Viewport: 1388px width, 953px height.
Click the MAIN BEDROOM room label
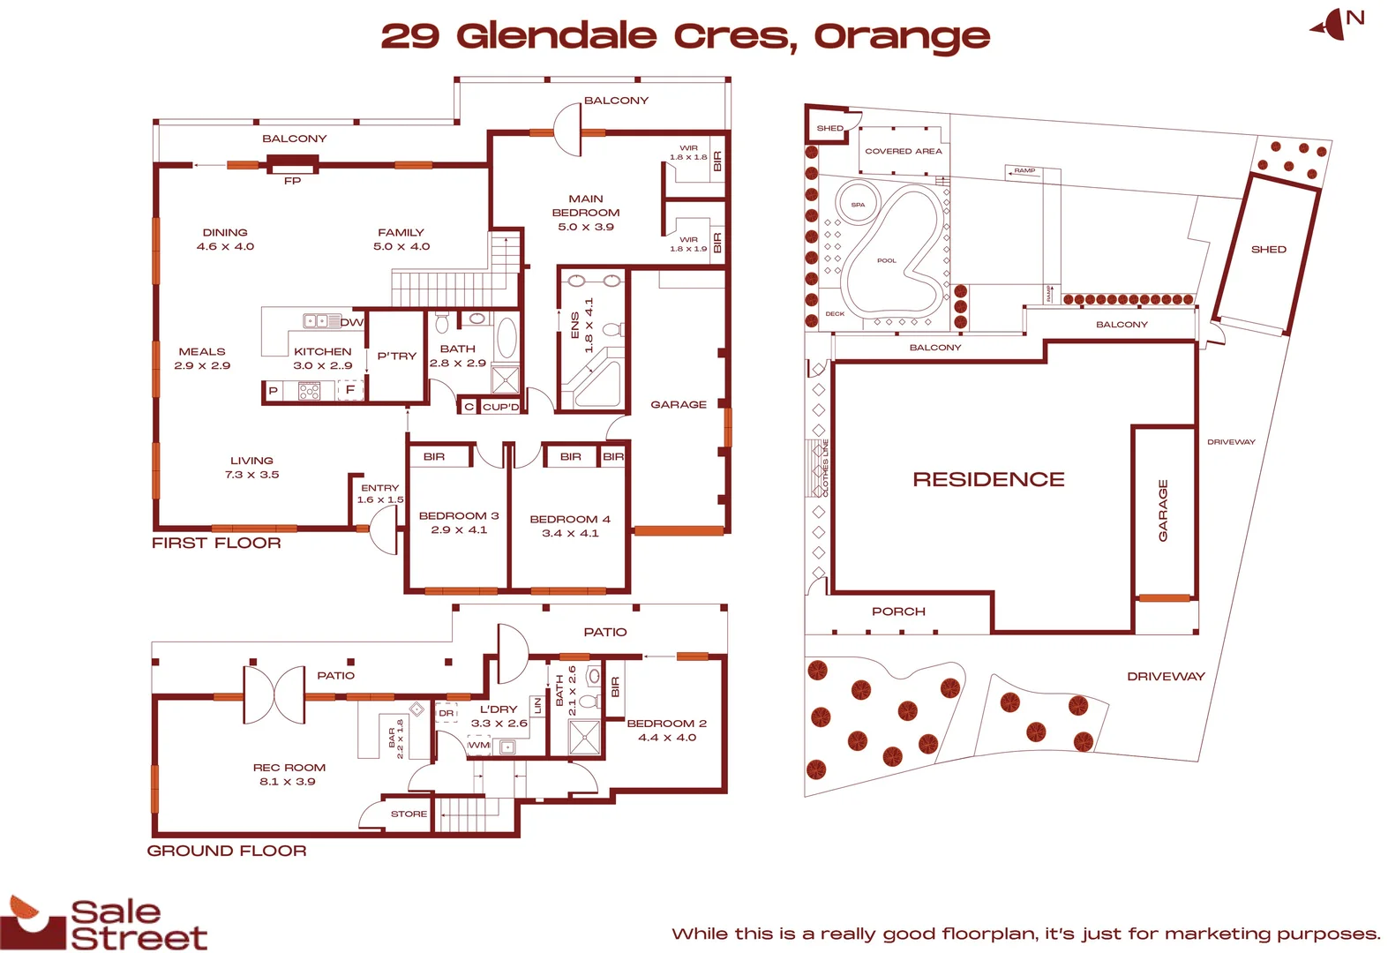tap(585, 206)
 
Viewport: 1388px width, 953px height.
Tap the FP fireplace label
tap(292, 181)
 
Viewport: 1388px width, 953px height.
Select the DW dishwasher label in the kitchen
tap(351, 322)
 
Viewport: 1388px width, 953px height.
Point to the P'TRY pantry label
tap(396, 356)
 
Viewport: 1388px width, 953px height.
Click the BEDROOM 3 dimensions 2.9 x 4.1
tap(459, 530)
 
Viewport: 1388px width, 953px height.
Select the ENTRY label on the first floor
tap(379, 488)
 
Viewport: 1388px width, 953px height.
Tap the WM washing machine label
tap(478, 746)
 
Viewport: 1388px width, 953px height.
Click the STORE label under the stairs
tap(409, 814)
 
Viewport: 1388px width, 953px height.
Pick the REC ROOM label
tap(289, 768)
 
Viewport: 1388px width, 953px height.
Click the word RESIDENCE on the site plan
tap(988, 479)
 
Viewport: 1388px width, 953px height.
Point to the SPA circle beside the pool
tap(858, 205)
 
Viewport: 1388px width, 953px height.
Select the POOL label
tap(886, 261)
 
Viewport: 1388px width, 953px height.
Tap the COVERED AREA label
tap(903, 152)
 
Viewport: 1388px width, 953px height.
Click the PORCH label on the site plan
tap(898, 612)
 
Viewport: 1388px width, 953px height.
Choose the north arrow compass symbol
tap(1334, 25)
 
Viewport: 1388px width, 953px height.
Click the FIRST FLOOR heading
tap(216, 544)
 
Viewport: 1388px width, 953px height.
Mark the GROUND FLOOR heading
tap(227, 851)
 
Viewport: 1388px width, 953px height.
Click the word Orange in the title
tap(901, 37)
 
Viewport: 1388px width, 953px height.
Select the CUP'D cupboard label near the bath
tap(500, 407)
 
